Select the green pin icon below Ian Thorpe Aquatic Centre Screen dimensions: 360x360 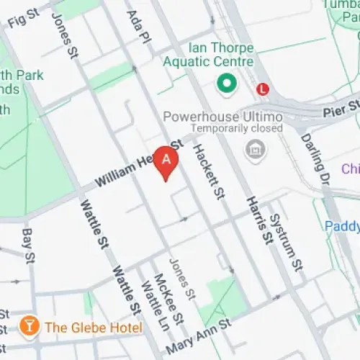227,85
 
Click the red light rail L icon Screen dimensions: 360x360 264,89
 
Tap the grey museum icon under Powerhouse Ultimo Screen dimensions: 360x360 253,150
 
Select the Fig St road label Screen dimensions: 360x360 23,20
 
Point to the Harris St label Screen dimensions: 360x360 258,219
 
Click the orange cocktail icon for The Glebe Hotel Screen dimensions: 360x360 29,326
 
